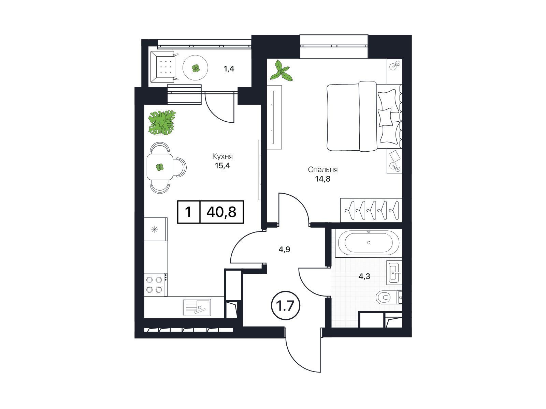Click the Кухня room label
point(222,156)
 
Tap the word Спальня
point(322,170)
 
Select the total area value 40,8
point(221,212)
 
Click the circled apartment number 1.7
point(285,306)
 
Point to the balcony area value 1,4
point(229,69)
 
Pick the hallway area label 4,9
point(284,249)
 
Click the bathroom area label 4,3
point(364,276)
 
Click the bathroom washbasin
point(394,272)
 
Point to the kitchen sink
point(197,307)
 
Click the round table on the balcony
point(195,67)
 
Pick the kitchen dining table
point(160,167)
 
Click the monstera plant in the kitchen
point(162,123)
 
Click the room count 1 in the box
point(188,212)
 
